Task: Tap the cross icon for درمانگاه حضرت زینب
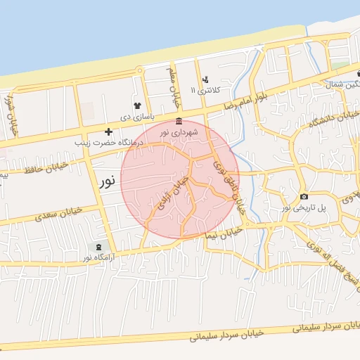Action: click(108, 131)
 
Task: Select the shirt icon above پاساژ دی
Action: click(137, 105)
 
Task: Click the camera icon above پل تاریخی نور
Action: click(304, 196)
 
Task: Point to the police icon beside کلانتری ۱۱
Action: click(205, 79)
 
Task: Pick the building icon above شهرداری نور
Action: click(179, 121)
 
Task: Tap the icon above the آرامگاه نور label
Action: click(98, 247)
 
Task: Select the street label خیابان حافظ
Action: click(46, 168)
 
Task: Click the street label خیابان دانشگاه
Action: click(334, 120)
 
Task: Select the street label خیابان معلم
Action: click(170, 83)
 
